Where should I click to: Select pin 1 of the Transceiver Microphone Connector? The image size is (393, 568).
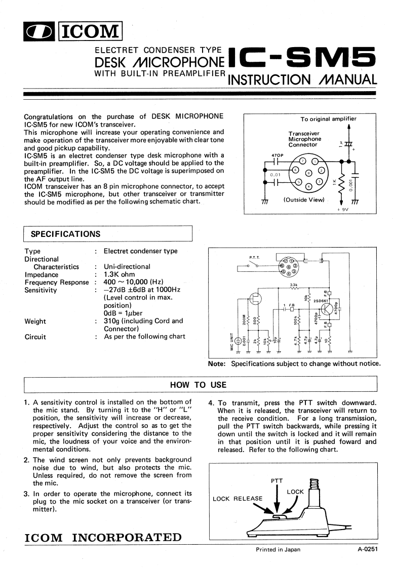pyautogui.click(x=315, y=161)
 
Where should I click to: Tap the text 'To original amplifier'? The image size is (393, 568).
pyautogui.click(x=328, y=119)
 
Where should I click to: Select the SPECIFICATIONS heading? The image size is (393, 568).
pyautogui.click(x=66, y=234)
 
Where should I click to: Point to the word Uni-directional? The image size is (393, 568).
pyautogui.click(x=127, y=266)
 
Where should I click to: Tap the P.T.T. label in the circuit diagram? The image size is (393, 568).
pyautogui.click(x=254, y=257)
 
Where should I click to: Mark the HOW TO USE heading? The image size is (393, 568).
pyautogui.click(x=198, y=385)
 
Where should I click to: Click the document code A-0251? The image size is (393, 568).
pyautogui.click(x=368, y=549)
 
